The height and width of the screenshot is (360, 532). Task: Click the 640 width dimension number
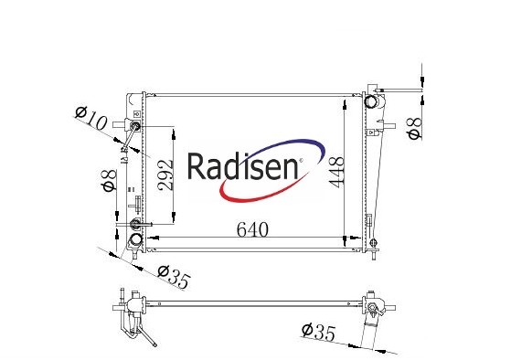pyautogui.click(x=252, y=229)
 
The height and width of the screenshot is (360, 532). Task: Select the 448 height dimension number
pyautogui.click(x=337, y=172)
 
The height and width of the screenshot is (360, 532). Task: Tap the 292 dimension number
pyautogui.click(x=166, y=175)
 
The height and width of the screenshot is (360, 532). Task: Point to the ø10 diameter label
pyautogui.click(x=90, y=118)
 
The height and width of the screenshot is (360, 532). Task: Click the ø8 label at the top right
pyautogui.click(x=415, y=128)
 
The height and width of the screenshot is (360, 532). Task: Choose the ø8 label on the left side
pyautogui.click(x=110, y=181)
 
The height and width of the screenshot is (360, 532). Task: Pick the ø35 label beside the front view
pyautogui.click(x=173, y=276)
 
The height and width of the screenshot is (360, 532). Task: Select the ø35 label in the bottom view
pyautogui.click(x=318, y=332)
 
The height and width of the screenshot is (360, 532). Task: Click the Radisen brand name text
pyautogui.click(x=243, y=166)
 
